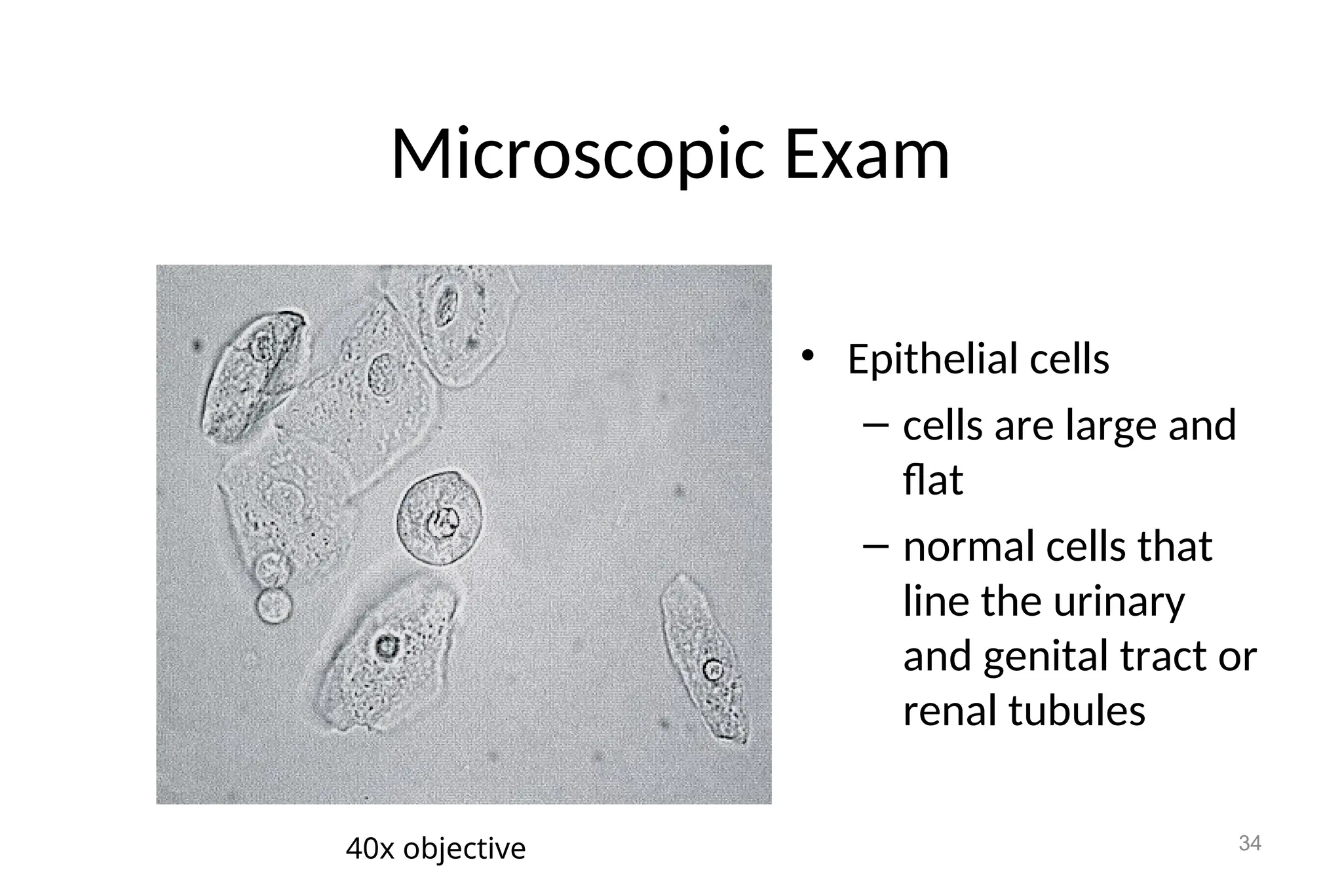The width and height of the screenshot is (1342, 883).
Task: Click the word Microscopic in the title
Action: click(577, 155)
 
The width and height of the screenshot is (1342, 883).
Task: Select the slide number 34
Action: click(1250, 843)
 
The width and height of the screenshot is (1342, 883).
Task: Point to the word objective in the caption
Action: click(464, 849)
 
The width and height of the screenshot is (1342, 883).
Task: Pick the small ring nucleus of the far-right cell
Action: click(713, 670)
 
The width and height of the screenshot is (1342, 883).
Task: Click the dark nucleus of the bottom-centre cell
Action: click(387, 647)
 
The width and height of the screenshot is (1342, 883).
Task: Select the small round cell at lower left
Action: click(273, 605)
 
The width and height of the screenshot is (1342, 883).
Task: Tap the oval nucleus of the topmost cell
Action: click(448, 305)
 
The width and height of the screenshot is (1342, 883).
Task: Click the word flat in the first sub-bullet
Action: click(932, 480)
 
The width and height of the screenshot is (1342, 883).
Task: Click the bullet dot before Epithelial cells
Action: click(807, 356)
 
